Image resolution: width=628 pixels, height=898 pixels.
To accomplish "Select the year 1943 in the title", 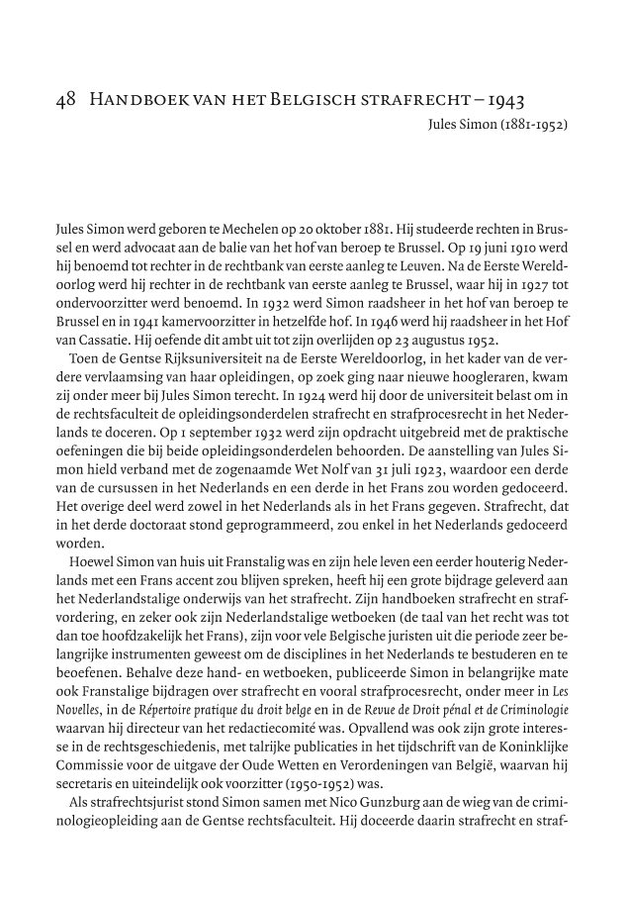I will [502, 101].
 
